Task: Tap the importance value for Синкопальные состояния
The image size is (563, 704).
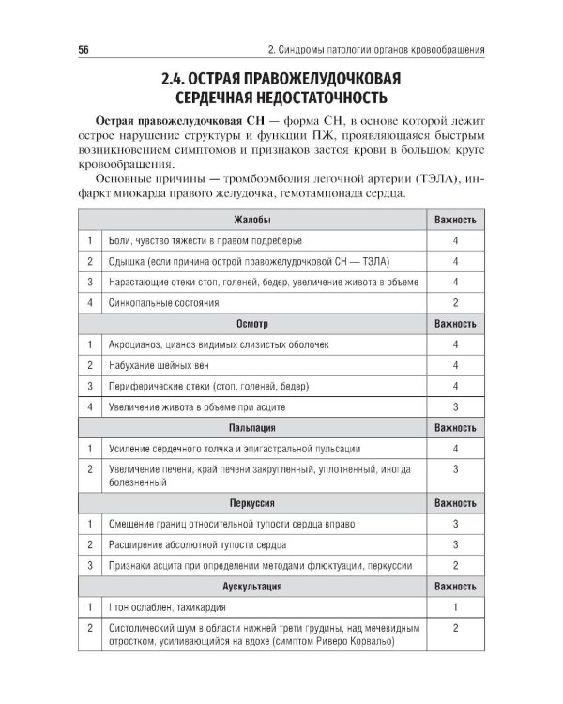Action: (454, 303)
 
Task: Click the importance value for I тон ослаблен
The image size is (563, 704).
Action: (454, 606)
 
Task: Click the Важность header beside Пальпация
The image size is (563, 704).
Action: (454, 428)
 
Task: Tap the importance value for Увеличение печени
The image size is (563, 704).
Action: (454, 469)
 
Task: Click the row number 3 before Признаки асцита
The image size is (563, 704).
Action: (89, 565)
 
